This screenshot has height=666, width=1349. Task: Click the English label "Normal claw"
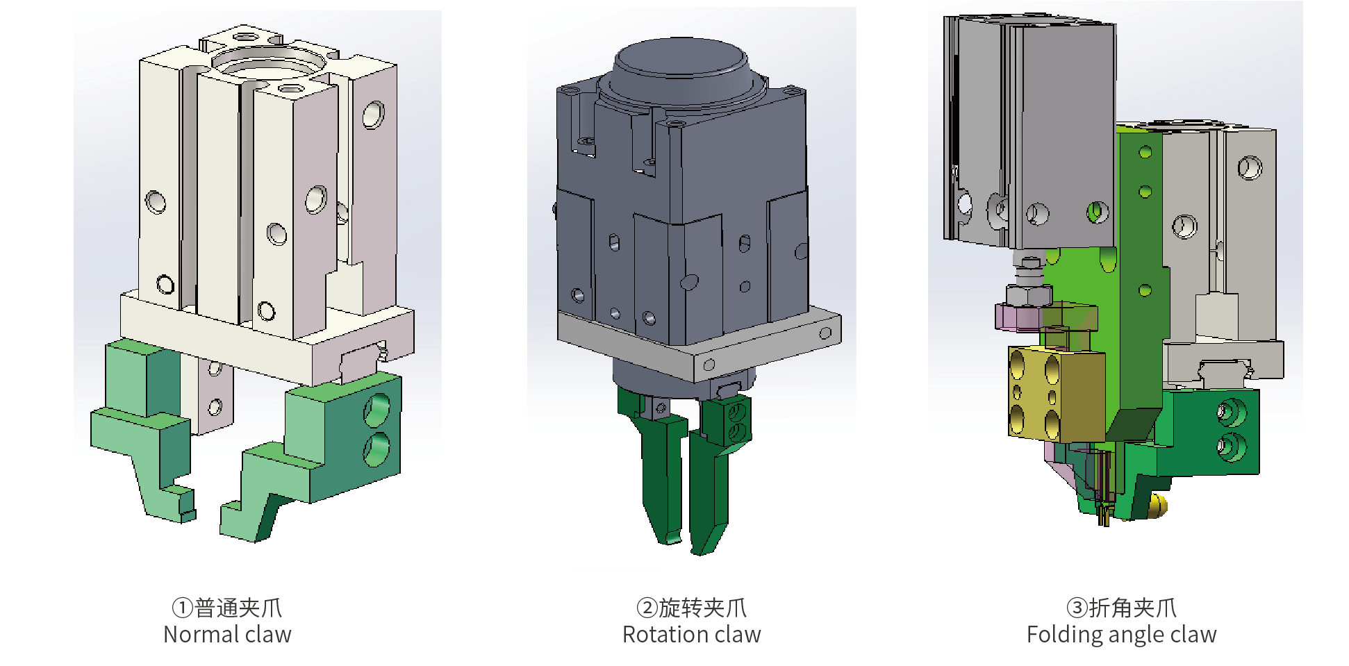(x=227, y=634)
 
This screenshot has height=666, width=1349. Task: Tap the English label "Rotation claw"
(x=691, y=634)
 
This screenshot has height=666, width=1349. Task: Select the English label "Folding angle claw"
(x=1121, y=635)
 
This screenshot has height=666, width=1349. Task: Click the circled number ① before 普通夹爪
(x=182, y=608)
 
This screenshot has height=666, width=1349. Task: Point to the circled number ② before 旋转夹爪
(x=647, y=608)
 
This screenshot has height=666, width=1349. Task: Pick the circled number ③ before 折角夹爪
(x=1077, y=608)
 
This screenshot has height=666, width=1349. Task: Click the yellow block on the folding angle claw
(x=1055, y=394)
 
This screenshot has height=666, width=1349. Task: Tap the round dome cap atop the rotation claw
(x=681, y=69)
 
